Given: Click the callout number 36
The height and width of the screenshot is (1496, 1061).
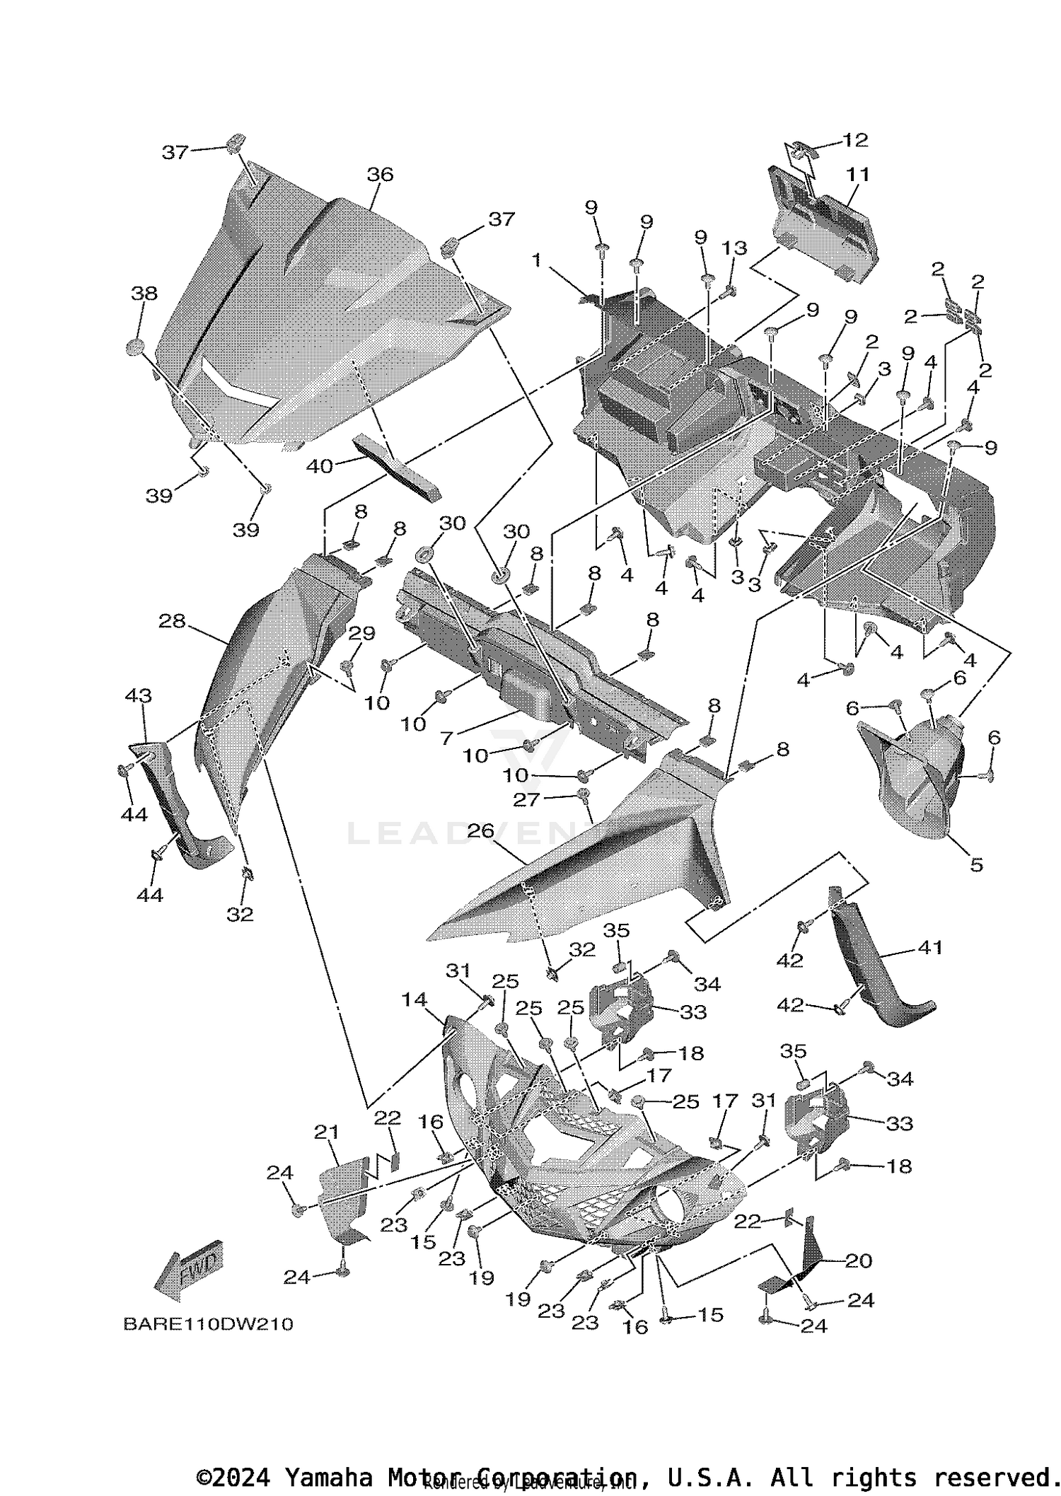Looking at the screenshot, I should [380, 174].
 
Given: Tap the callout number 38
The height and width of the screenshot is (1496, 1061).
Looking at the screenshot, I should [144, 293].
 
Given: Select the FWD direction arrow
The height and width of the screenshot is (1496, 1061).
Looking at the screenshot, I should [187, 1275].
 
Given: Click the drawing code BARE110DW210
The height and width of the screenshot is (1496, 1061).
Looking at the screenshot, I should [208, 1323].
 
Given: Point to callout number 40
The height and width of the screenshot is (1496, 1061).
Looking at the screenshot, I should [319, 466].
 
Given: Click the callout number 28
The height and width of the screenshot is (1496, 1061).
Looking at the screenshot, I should [172, 620].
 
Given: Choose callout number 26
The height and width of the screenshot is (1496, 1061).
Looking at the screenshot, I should [480, 831].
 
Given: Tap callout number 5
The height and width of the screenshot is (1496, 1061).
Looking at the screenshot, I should [976, 864].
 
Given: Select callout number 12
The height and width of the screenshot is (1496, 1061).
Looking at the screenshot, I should [855, 139].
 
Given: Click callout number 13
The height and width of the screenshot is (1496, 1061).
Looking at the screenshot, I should [734, 248].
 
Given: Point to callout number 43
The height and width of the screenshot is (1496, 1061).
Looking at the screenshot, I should [138, 695].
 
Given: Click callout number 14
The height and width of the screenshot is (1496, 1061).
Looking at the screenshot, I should [414, 999].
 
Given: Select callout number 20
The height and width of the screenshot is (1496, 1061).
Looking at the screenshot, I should [859, 1260].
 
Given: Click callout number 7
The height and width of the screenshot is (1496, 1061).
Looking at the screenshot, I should [446, 738].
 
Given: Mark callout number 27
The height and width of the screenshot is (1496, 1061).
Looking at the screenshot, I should [526, 799].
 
